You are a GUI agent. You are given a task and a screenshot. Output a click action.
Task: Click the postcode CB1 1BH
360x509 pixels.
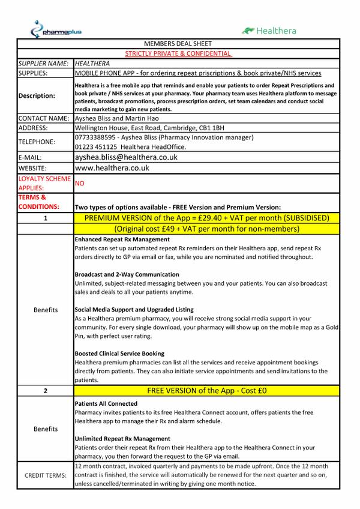[x=210, y=128]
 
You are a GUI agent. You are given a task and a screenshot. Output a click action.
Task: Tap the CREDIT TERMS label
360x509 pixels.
[x=46, y=475]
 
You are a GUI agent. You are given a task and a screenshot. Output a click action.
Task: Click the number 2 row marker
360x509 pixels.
[x=46, y=391]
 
